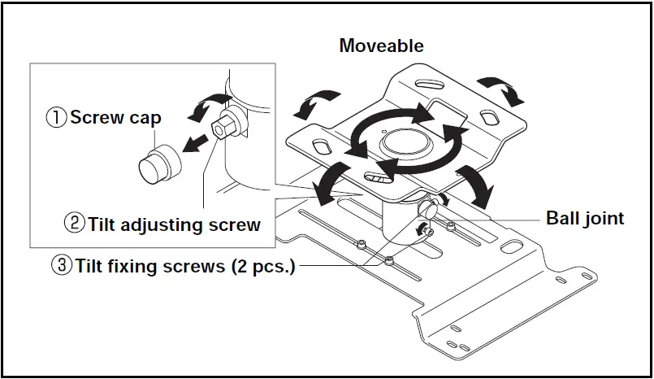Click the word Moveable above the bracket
pyautogui.click(x=381, y=46)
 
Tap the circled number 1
pyautogui.click(x=56, y=117)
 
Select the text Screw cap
pyautogui.click(x=115, y=117)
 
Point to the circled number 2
pyautogui.click(x=74, y=224)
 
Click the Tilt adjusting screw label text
pyautogui.click(x=174, y=224)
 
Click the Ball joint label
pyautogui.click(x=584, y=218)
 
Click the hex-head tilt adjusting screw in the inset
pyautogui.click(x=222, y=128)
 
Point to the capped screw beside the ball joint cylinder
pyautogui.click(x=427, y=208)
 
